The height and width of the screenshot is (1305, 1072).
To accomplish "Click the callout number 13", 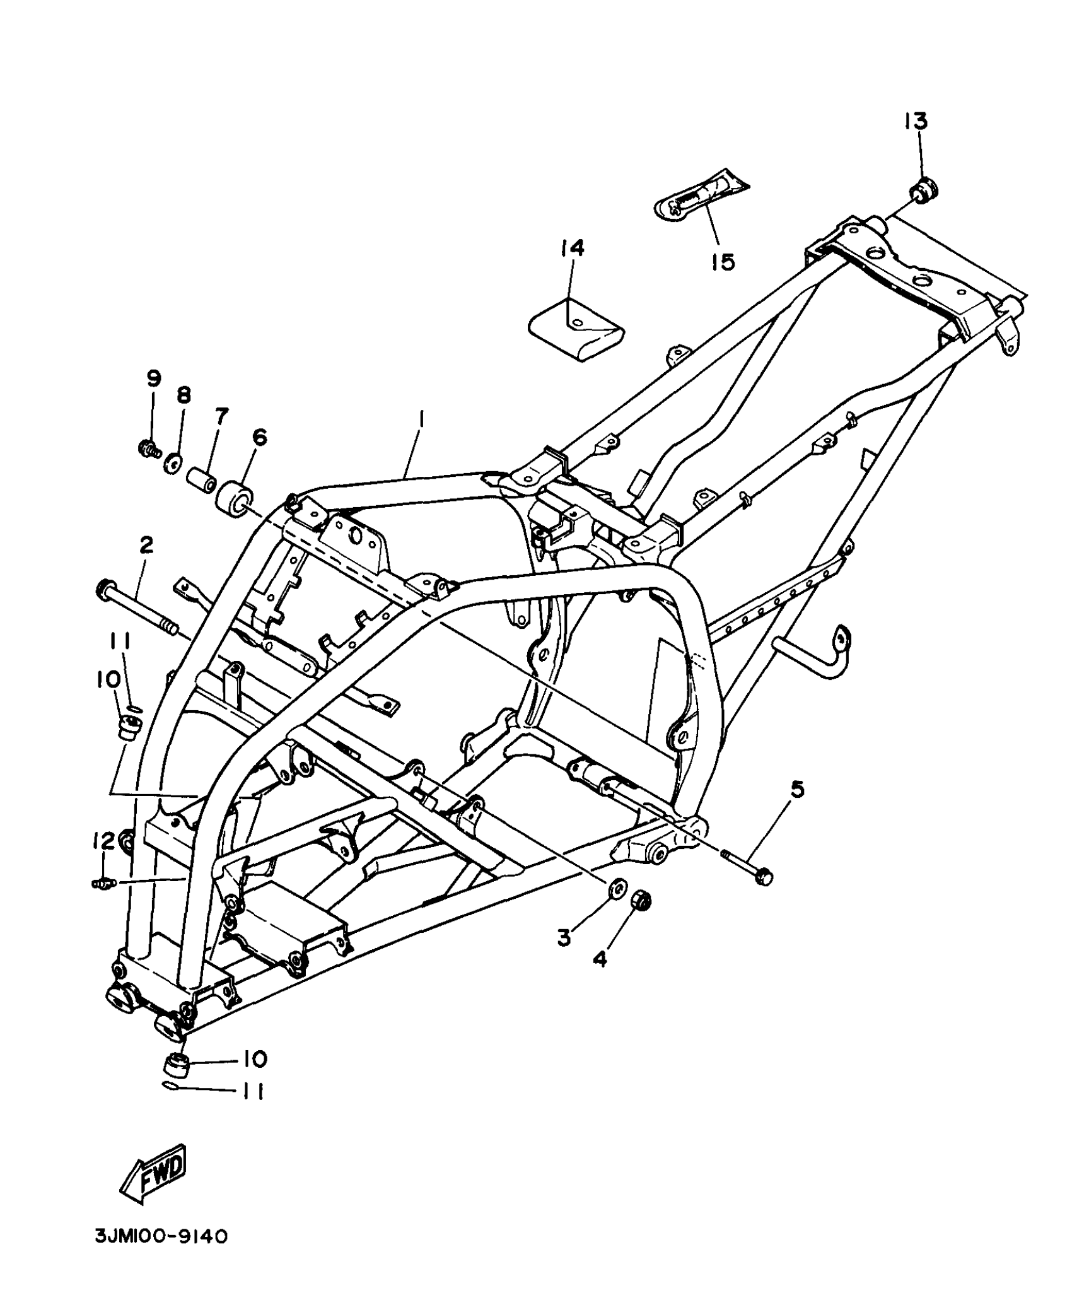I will (916, 121).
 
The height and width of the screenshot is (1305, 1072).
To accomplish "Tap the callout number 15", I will (723, 260).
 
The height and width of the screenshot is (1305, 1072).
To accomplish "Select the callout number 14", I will (572, 248).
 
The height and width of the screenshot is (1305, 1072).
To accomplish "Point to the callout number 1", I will (421, 419).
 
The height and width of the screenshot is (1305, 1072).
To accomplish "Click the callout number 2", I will (146, 545).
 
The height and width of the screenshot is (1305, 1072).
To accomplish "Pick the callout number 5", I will (798, 790).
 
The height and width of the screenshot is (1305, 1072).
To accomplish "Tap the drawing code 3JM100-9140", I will (161, 1236).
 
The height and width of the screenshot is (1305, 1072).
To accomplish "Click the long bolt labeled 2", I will (139, 611).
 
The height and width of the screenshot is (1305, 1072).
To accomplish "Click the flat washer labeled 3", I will (615, 887).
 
